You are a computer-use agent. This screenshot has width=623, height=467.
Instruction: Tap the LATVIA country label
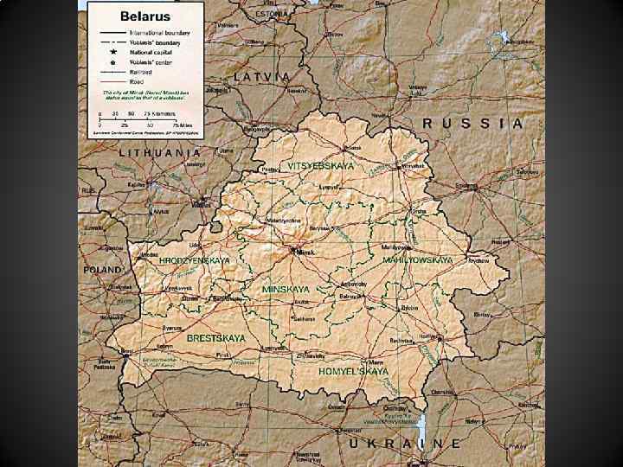262,76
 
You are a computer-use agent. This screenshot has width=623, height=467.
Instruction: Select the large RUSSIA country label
472,124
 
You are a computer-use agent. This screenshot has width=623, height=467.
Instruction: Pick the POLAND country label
103,270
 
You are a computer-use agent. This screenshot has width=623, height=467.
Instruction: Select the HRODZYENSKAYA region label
194,260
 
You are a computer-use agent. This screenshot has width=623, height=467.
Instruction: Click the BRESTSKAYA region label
215,338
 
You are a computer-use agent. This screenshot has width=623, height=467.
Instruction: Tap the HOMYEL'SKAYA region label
353,371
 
